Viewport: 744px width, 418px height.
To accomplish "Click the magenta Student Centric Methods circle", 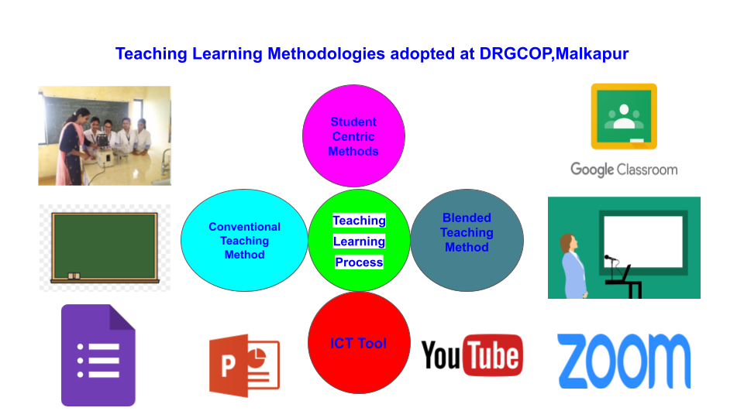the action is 353,136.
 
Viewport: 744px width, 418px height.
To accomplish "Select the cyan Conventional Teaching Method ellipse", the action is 244,240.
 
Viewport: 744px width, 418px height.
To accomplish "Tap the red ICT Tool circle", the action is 359,343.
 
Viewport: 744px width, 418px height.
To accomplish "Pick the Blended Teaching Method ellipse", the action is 467,240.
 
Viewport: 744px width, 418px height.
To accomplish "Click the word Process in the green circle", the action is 359,262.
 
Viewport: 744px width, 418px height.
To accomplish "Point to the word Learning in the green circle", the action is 359,242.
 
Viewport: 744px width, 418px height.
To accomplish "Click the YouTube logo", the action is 472,355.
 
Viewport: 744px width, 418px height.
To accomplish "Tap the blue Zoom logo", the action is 624,361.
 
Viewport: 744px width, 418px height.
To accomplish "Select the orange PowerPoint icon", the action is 244,365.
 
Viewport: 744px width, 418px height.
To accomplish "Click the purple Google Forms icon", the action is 98,355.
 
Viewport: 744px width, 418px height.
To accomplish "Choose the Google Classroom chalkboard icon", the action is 624,117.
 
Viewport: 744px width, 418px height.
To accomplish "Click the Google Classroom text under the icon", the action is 624,170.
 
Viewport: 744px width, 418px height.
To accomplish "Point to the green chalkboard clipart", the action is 105,247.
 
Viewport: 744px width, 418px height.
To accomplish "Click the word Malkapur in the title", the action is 591,53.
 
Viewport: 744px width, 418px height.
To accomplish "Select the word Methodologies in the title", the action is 326,54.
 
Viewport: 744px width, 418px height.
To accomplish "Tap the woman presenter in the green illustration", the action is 573,266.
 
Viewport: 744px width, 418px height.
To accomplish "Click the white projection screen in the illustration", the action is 643,242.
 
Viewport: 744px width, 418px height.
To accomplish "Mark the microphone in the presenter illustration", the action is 611,259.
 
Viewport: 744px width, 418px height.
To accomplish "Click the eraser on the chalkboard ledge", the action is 74,276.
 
